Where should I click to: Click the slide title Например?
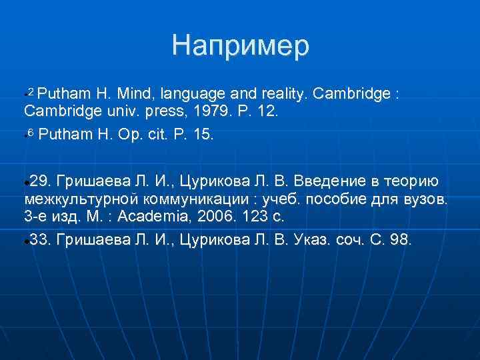(x=240, y=46)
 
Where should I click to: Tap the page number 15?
(x=200, y=135)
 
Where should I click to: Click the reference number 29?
(x=40, y=181)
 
